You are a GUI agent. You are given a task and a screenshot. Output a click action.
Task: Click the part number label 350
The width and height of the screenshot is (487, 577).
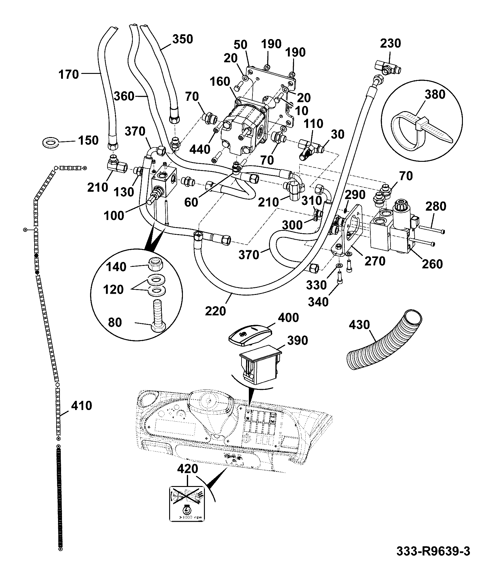[183, 39]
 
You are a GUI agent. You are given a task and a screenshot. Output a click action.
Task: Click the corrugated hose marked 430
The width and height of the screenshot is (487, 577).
[385, 341]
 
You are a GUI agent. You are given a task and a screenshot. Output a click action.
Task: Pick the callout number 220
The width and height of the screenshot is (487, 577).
[216, 311]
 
